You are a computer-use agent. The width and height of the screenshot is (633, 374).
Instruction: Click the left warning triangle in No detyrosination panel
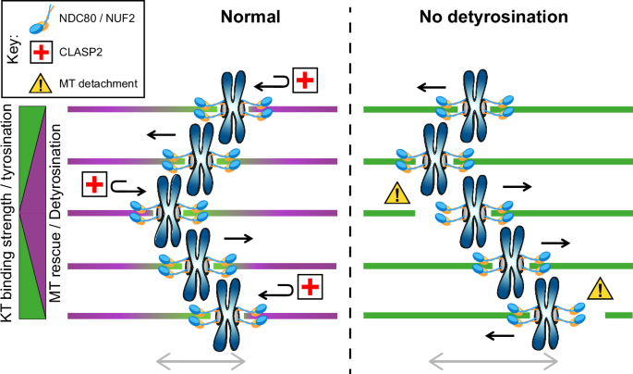(396, 193)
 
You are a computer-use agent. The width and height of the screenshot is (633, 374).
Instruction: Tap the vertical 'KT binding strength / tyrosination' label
(8, 213)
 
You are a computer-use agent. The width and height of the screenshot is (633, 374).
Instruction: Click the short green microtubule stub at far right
(618, 316)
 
